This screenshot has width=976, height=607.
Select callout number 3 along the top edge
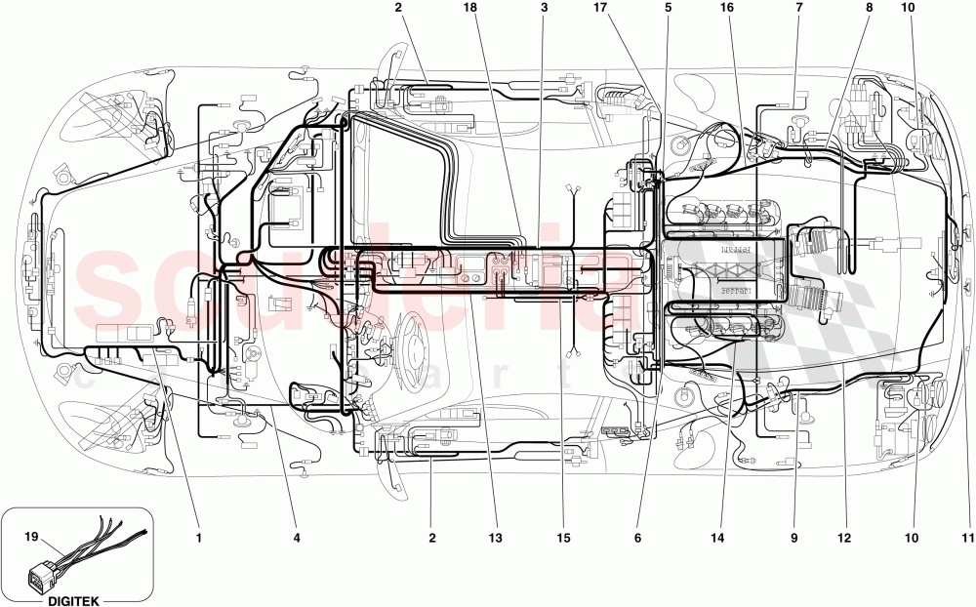pyautogui.click(x=544, y=8)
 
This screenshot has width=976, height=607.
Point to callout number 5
pyautogui.click(x=669, y=8)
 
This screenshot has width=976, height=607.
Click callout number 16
pyautogui.click(x=726, y=8)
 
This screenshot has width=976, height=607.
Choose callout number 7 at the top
pyautogui.click(x=798, y=8)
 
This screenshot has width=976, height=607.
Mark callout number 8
pyautogui.click(x=868, y=8)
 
